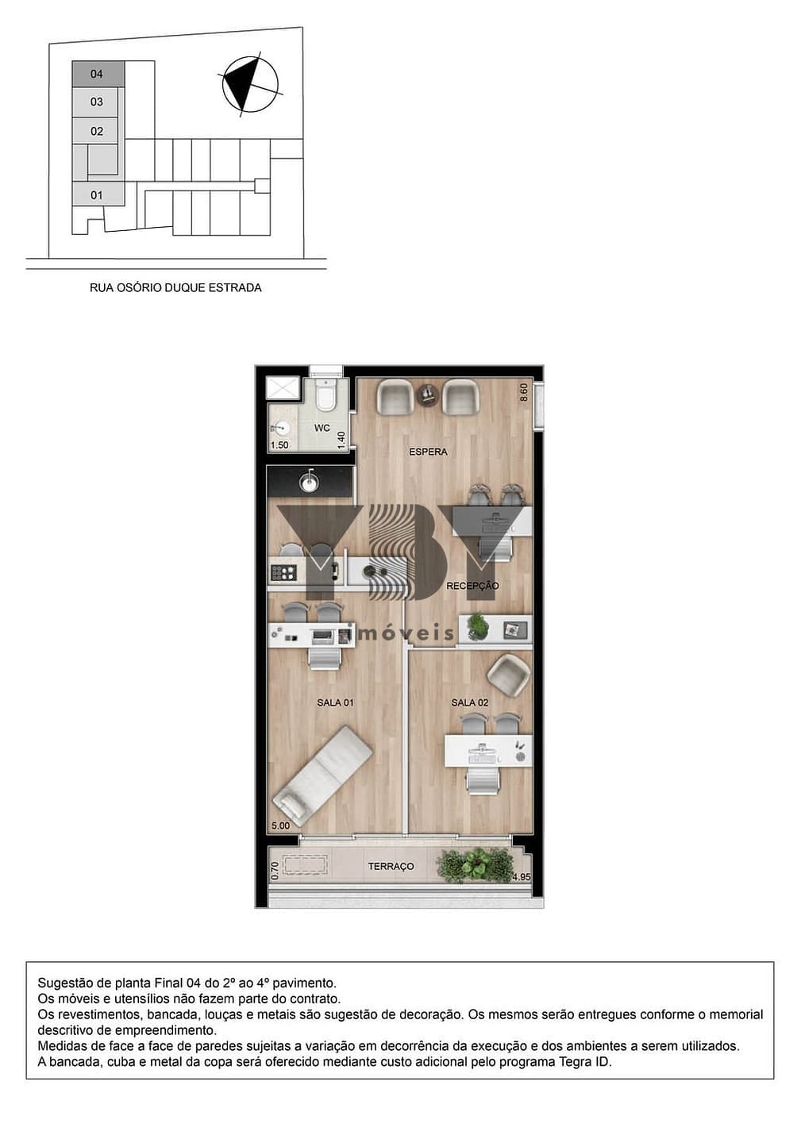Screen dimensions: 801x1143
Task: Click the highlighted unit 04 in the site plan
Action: coord(98,74)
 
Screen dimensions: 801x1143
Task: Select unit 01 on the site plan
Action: coord(98,195)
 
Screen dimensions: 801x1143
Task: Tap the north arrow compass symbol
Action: coord(250,84)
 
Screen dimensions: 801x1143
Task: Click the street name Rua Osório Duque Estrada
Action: coord(175,288)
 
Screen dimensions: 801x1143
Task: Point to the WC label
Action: coord(322,428)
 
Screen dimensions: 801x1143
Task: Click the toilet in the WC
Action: coord(325,394)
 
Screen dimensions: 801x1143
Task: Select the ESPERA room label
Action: coord(428,452)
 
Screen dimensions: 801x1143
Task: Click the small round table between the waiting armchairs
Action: coord(428,394)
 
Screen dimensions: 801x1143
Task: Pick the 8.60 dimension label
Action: coord(523,392)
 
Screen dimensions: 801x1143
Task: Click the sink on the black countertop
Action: coord(309,483)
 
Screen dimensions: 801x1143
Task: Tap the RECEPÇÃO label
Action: coord(472,586)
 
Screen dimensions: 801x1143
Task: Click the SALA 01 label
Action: coord(335,702)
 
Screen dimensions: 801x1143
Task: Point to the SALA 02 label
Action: coord(470,702)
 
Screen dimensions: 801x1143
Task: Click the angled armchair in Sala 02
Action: coord(506,676)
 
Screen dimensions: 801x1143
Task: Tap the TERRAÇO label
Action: coord(391,867)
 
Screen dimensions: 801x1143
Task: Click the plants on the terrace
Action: coord(475,865)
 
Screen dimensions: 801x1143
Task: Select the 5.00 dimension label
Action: coord(280,825)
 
